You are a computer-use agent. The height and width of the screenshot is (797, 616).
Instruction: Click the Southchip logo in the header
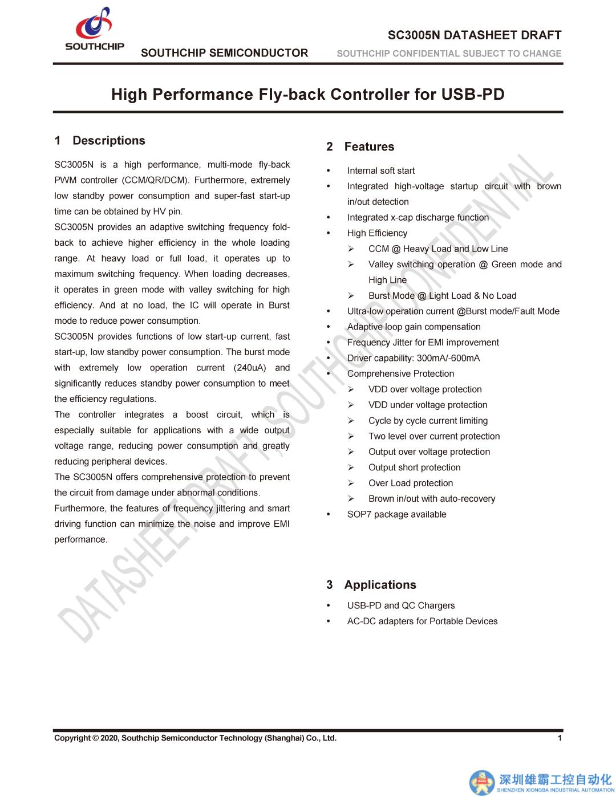coord(95,29)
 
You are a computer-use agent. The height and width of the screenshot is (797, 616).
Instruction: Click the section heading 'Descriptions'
coord(108,141)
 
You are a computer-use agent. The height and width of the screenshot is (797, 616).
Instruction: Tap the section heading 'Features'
coord(369,147)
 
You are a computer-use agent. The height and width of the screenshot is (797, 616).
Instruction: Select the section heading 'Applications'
coord(380,585)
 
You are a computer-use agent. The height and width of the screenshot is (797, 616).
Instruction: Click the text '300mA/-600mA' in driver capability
coord(448,358)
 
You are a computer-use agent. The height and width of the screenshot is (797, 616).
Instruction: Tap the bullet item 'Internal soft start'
coord(380,170)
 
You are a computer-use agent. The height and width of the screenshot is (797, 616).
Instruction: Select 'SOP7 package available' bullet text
coord(396,514)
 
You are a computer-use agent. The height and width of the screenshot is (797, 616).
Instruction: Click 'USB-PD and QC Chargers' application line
coord(400,605)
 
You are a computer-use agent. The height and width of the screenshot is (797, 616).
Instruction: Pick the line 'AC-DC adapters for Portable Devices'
coord(422,621)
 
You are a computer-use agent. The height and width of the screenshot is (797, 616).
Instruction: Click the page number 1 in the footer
coord(560,738)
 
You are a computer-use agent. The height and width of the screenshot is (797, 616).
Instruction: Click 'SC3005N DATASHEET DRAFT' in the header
coord(475,35)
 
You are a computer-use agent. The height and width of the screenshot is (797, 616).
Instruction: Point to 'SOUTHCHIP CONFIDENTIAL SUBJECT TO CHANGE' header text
coord(449,54)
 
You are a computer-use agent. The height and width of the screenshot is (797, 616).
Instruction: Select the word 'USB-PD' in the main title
coord(473,94)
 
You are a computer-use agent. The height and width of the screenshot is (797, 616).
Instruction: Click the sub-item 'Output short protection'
coord(414,467)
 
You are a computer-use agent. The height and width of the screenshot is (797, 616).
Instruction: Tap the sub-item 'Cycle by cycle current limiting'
coord(428,421)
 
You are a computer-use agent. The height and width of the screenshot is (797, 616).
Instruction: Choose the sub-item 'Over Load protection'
coord(411,483)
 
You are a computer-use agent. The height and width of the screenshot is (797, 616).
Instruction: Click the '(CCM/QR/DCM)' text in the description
coord(156,180)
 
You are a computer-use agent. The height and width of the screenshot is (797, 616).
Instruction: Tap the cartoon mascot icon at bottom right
coord(482,782)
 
